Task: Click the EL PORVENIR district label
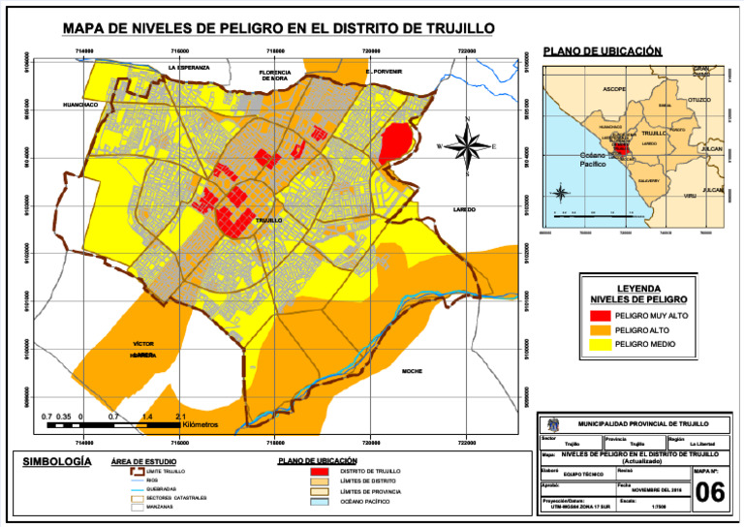[x=384, y=72]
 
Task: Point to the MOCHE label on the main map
[x=412, y=371]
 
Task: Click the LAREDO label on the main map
[x=464, y=209]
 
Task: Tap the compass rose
[x=468, y=146]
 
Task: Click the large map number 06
[x=710, y=493]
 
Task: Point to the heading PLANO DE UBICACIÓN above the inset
[x=603, y=50]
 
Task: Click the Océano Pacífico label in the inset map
[x=592, y=161]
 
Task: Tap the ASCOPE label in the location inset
[x=613, y=89]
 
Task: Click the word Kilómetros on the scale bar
[x=200, y=424]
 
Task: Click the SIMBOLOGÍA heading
[x=57, y=461]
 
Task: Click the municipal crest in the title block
[x=552, y=424]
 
